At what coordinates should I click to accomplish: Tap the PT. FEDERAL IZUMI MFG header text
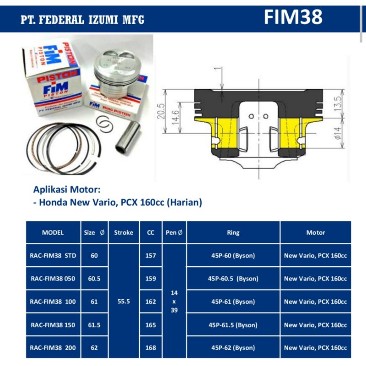click(x=83, y=21)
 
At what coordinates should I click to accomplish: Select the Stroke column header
click(x=123, y=232)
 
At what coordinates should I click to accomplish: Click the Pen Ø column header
click(x=174, y=232)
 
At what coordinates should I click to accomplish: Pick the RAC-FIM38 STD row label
click(x=53, y=255)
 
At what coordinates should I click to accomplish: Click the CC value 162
click(x=151, y=302)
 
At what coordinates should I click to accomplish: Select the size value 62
click(x=94, y=348)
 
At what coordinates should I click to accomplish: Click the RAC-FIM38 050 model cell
click(x=53, y=279)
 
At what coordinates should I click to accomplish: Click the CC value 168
click(x=151, y=348)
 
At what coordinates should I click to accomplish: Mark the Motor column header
click(x=316, y=232)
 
